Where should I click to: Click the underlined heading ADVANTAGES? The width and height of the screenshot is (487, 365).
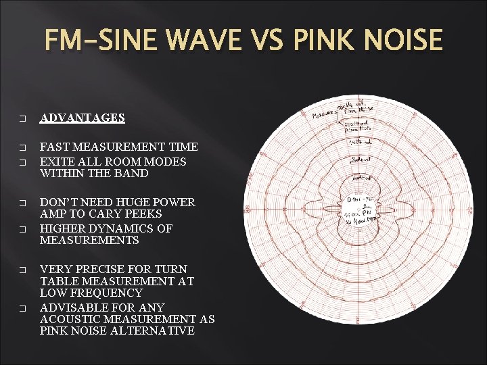[x=82, y=118]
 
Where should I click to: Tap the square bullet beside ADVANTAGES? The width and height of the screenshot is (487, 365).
[x=22, y=118]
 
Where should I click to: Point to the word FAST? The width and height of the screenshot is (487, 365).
[x=55, y=147]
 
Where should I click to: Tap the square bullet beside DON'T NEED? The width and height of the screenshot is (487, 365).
[x=22, y=203]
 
